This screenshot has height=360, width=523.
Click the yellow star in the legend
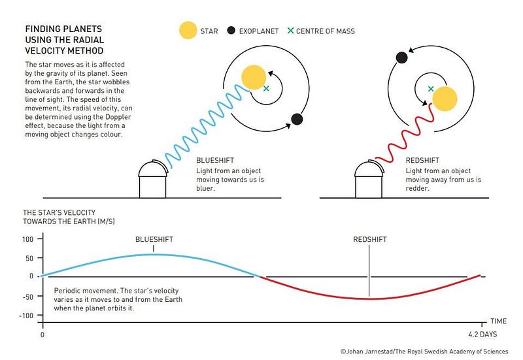(x=188, y=30)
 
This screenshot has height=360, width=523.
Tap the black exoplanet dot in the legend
(x=231, y=31)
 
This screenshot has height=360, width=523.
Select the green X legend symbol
(x=290, y=31)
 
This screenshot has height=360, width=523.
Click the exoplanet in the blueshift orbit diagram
(x=297, y=119)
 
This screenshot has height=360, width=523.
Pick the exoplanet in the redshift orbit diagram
(x=401, y=57)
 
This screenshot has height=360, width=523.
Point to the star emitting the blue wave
(x=254, y=77)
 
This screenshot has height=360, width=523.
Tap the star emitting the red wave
(x=445, y=99)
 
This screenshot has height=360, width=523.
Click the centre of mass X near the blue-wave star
(x=266, y=89)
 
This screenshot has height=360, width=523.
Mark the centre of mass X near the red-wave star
(x=431, y=89)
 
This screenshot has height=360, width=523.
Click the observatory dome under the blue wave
(x=152, y=169)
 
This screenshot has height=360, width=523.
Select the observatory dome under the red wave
(x=369, y=169)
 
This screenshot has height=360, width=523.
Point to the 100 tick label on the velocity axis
(x=27, y=239)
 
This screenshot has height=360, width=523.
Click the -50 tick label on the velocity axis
(x=27, y=297)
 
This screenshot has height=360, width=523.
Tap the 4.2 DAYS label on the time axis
(x=482, y=335)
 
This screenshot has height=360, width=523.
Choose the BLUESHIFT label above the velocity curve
(x=154, y=239)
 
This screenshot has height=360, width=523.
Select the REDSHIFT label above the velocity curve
(x=370, y=239)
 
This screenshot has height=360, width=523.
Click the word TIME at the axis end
(x=499, y=321)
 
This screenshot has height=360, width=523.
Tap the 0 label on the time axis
(x=42, y=335)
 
